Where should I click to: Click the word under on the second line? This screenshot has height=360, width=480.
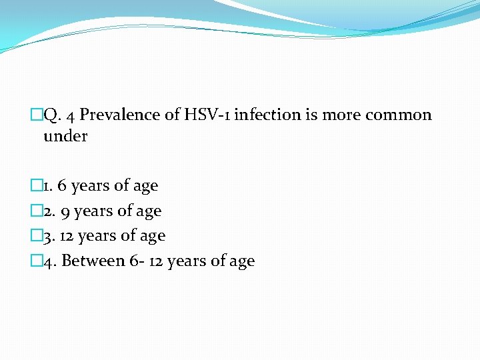point(65,136)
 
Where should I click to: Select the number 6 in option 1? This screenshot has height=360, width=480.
point(62,186)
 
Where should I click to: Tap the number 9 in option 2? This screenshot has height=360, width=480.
point(65,211)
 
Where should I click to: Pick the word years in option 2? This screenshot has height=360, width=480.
point(94,211)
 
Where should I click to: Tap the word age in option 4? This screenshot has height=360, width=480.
point(242,261)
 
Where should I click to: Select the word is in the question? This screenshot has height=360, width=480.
point(311,115)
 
